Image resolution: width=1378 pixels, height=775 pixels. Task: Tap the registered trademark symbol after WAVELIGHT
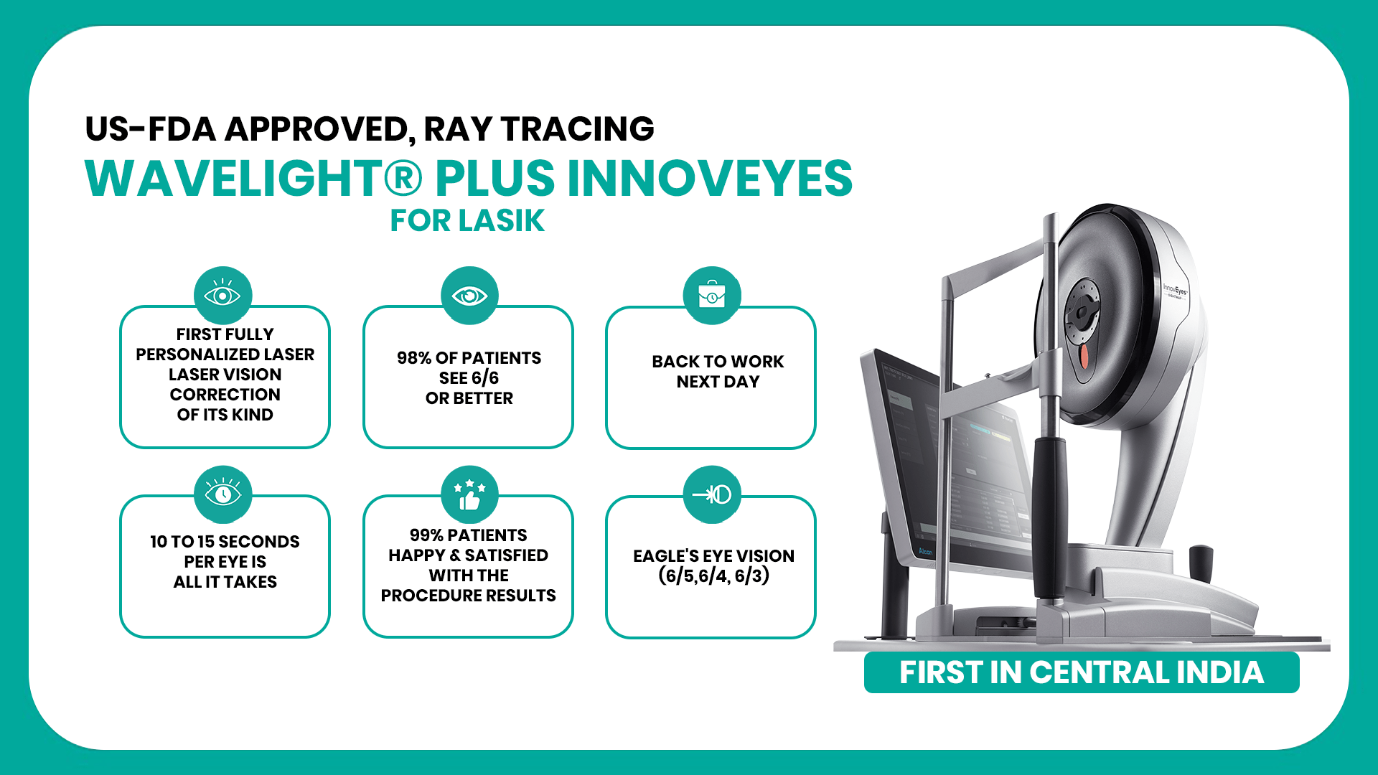tap(404, 178)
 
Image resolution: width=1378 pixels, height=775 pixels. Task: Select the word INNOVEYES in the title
tap(711, 178)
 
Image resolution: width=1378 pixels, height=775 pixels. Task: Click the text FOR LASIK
tap(467, 221)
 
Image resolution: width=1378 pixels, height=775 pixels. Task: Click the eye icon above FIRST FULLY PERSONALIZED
tap(222, 295)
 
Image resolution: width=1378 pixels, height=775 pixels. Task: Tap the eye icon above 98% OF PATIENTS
tap(469, 295)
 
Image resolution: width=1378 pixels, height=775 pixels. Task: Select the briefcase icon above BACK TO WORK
tap(712, 295)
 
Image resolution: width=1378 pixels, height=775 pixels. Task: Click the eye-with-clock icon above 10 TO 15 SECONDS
tap(222, 494)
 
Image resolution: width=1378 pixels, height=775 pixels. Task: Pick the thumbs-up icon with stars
tap(469, 494)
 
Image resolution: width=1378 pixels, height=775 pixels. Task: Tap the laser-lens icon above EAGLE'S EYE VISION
tap(712, 494)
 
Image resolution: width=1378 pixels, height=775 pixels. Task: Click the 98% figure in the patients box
tap(414, 358)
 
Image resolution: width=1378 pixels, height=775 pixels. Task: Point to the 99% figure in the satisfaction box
tap(426, 535)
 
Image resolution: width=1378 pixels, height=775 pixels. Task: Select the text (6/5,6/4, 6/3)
tap(714, 576)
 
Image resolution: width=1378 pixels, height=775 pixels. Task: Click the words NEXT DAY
tap(718, 382)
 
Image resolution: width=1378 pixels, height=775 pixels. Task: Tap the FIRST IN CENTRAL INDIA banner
tap(1082, 672)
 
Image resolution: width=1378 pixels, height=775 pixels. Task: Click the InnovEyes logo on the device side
tap(1175, 290)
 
